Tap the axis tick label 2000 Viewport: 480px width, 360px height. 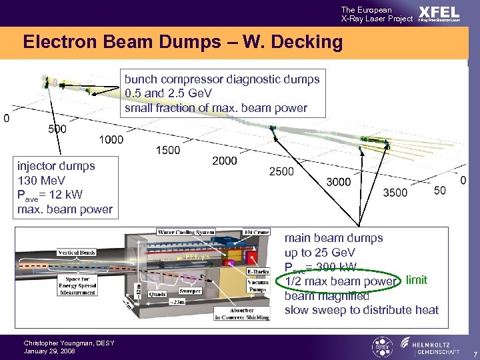coord(225,161)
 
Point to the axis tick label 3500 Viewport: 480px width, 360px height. coord(395,193)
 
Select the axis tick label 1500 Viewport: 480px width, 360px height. coord(167,150)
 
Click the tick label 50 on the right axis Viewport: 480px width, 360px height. coord(440,191)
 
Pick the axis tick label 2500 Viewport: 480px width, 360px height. coord(281,172)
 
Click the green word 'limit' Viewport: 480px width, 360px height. coord(417,281)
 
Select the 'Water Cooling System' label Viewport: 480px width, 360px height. coord(186,232)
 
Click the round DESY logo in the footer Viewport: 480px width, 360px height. coord(381,347)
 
